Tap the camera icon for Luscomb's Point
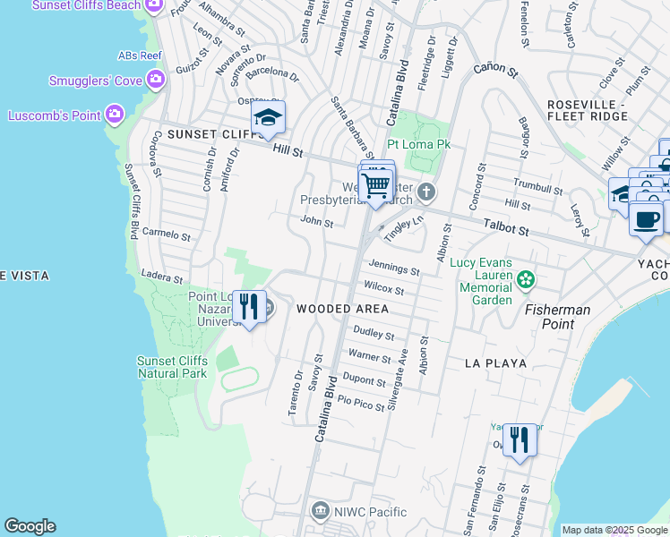114,115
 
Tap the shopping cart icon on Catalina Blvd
377,186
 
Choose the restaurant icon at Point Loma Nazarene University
250,307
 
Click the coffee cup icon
646,219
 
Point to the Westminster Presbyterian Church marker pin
428,192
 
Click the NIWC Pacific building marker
320,512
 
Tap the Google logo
30,526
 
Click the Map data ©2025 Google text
614,530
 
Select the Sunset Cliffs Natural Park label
172,367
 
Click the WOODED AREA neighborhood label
342,309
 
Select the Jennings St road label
394,268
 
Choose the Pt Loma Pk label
418,143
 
